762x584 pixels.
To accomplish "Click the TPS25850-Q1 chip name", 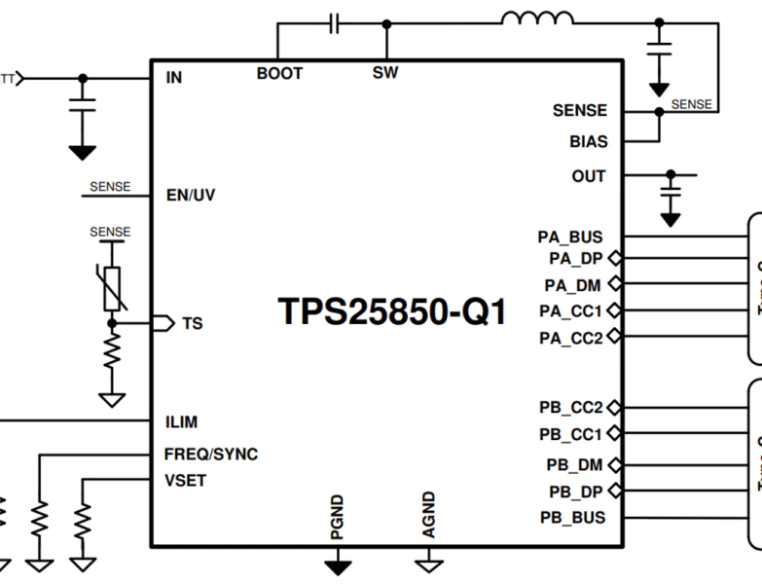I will click(392, 311).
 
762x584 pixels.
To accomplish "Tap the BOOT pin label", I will click(279, 73).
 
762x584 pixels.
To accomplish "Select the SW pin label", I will click(385, 73).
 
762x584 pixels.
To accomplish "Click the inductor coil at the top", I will click(537, 19).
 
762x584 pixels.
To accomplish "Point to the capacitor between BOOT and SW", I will click(335, 22).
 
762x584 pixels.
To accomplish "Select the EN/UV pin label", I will click(191, 196).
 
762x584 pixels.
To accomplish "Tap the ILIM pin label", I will click(181, 422).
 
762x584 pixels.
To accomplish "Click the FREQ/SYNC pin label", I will click(210, 455).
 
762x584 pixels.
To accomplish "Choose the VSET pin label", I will click(185, 481).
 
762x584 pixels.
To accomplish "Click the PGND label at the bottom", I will click(337, 516).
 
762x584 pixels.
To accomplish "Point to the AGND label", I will click(429, 515).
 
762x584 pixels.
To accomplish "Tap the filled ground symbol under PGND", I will click(338, 566).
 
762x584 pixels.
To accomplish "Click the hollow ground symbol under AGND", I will click(429, 565).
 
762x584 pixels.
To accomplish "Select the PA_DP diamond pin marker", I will click(614, 259).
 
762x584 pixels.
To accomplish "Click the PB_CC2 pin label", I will click(571, 407).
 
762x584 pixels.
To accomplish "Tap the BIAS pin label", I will click(588, 142).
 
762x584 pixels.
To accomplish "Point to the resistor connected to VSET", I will click(83, 516).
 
